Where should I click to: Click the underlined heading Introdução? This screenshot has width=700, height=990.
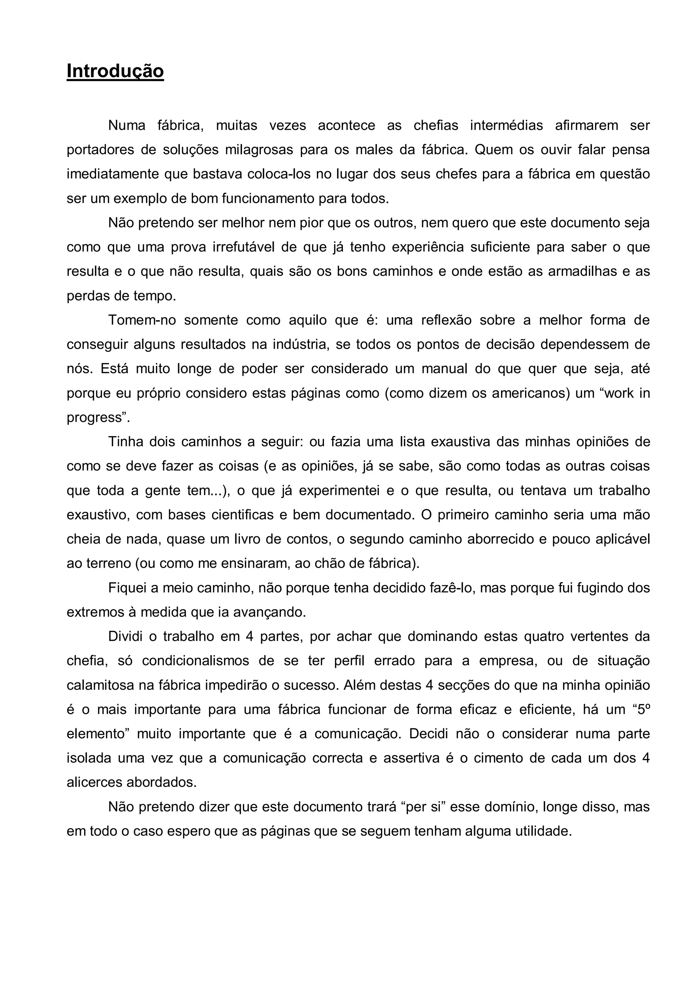[x=115, y=71]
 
